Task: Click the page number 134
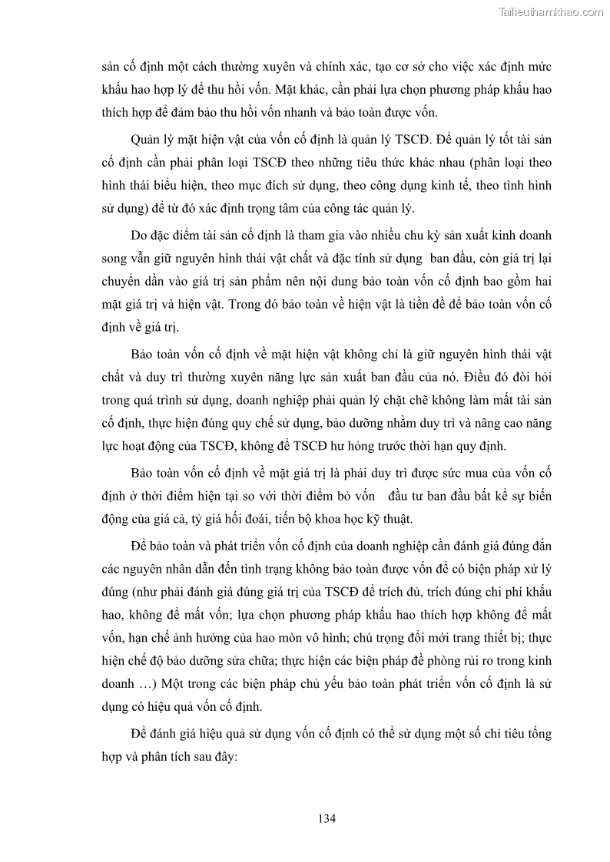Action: click(327, 818)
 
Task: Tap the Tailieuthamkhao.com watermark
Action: click(551, 12)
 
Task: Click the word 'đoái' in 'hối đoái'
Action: click(262, 519)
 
